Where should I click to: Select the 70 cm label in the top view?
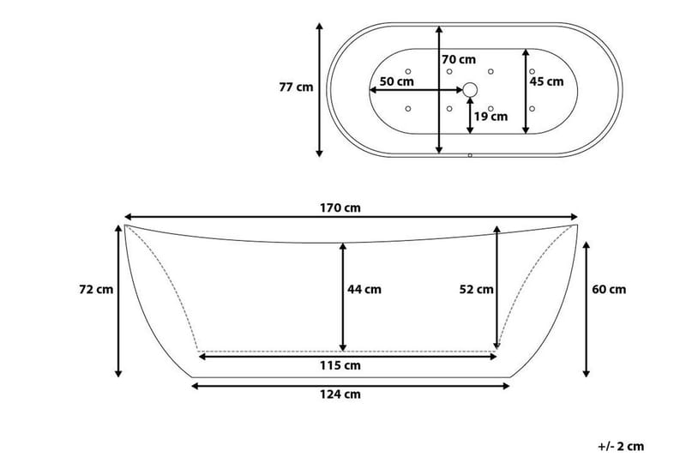pos(459,60)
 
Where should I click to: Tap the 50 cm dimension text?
pos(396,81)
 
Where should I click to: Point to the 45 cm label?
pos(546,81)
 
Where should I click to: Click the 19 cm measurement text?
pos(490,116)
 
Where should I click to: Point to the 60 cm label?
pos(610,289)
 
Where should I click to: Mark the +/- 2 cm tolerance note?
pos(620,445)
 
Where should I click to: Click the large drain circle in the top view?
pos(470,88)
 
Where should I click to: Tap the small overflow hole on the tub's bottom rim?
pos(470,155)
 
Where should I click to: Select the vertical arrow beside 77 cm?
pos(320,90)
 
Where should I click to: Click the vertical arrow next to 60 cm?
pos(587,309)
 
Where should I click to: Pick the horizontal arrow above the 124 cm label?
pos(350,385)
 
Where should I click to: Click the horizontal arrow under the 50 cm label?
pos(416,89)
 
